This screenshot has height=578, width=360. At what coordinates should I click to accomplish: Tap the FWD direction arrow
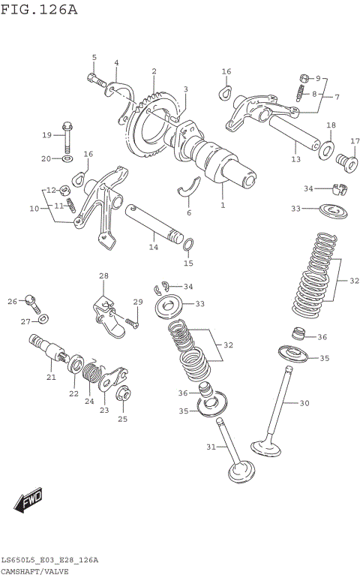28,501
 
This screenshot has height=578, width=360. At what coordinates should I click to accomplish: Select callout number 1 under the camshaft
222,204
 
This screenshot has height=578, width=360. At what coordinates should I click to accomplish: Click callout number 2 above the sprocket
154,72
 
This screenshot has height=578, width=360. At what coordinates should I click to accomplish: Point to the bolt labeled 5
94,78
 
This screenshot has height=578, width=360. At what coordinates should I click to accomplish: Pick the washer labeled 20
67,158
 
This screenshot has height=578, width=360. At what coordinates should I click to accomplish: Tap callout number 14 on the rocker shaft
153,246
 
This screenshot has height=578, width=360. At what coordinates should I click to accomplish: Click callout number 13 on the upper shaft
295,159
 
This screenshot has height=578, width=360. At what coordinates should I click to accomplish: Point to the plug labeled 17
346,160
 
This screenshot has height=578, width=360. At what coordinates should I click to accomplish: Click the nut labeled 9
304,78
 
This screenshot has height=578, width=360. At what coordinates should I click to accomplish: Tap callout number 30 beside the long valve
304,403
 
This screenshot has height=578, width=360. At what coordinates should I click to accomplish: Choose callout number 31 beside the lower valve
211,447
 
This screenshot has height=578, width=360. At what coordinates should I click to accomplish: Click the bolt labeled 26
31,301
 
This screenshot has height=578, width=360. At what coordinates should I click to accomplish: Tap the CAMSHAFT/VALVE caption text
35,570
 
